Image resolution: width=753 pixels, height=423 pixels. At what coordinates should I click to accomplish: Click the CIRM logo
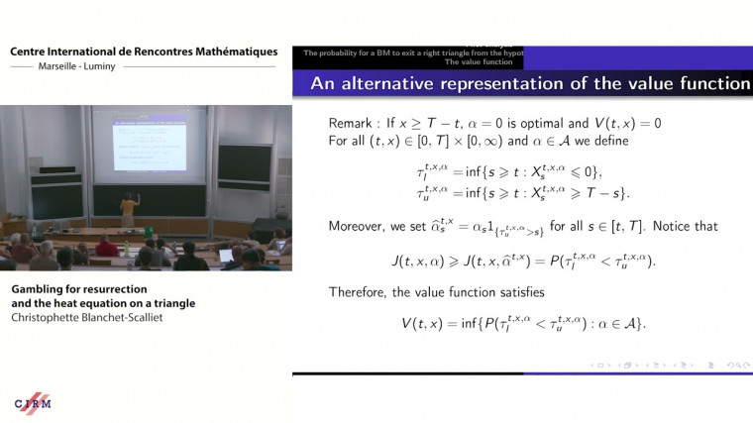[x=32, y=403]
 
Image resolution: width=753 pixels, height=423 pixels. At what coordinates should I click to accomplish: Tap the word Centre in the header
[x=32, y=51]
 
